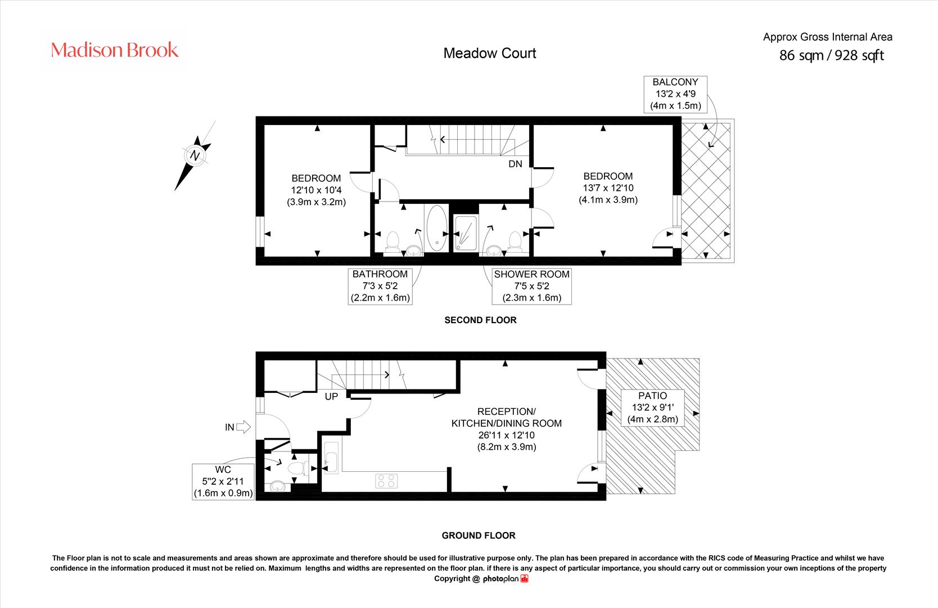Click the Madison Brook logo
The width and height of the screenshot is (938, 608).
click(x=115, y=50)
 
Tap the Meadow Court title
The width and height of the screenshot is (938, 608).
click(x=490, y=53)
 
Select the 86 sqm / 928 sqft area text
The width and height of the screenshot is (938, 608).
click(x=831, y=55)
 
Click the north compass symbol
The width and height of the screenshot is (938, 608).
click(x=195, y=155)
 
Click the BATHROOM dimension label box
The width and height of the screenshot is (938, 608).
click(x=380, y=286)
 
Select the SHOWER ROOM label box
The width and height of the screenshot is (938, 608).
click(x=531, y=286)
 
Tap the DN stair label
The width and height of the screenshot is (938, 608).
click(x=515, y=164)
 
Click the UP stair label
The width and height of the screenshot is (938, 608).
click(x=331, y=396)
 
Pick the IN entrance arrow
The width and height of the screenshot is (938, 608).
click(x=242, y=427)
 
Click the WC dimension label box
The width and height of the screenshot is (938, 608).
click(x=223, y=481)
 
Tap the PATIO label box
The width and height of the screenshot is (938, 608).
click(x=652, y=407)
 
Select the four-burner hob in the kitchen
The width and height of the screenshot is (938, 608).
click(x=386, y=481)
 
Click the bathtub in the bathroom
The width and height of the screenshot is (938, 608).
click(x=437, y=228)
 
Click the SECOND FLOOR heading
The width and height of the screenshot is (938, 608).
click(x=480, y=320)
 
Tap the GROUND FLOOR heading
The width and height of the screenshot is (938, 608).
click(x=478, y=535)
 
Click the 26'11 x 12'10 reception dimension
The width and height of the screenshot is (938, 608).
click(x=506, y=435)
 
